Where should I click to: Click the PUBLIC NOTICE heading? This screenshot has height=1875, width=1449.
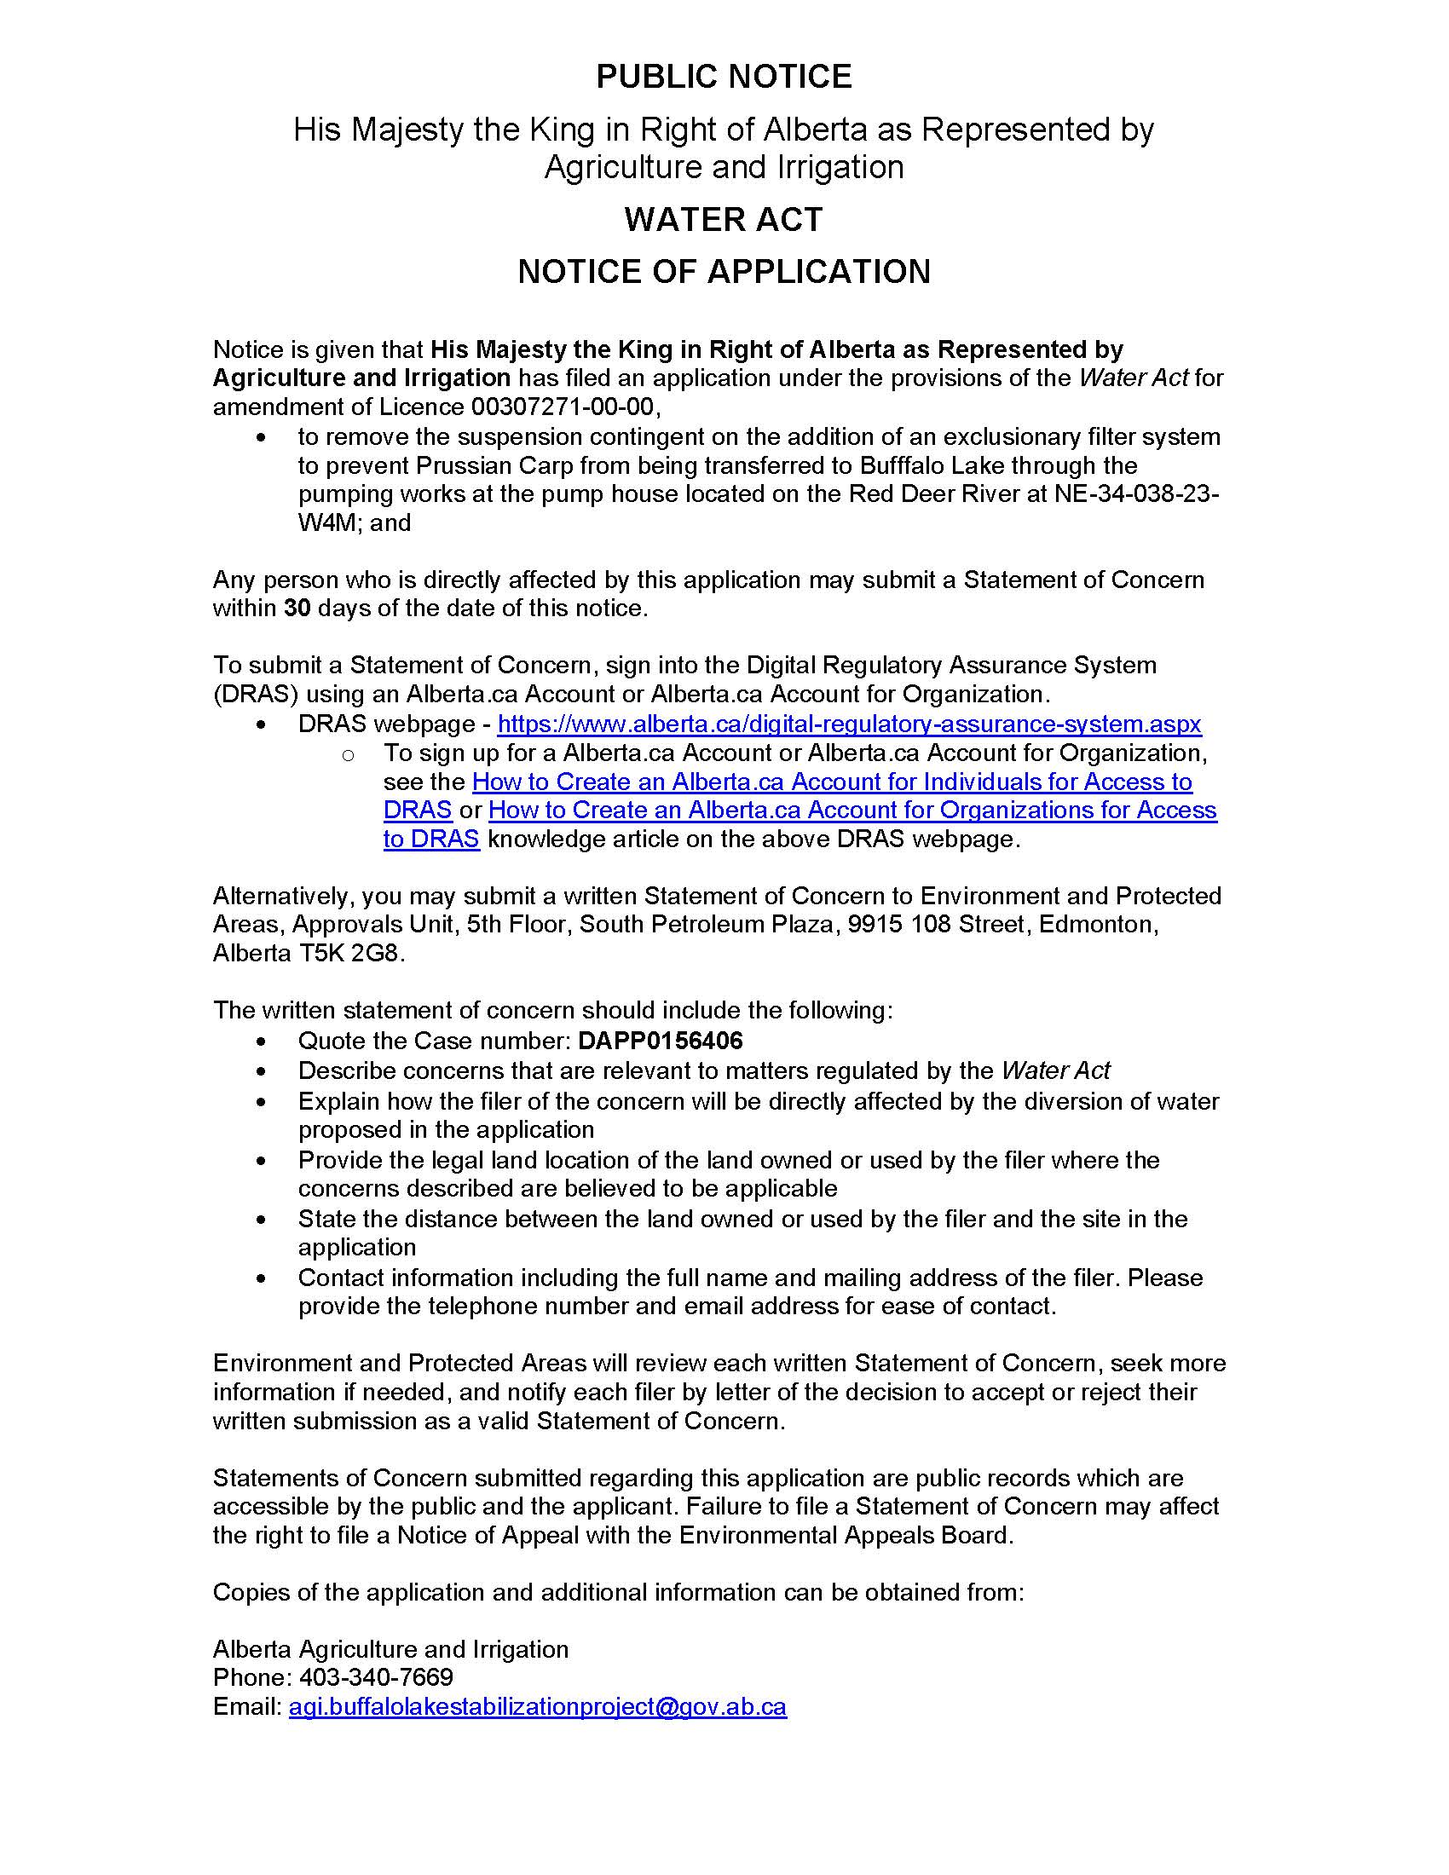point(724,78)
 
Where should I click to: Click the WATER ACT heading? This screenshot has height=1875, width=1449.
point(724,220)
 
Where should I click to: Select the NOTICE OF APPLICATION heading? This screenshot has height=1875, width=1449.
point(724,272)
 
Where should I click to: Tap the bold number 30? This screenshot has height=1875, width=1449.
point(297,609)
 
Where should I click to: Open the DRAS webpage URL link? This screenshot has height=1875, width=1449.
point(849,724)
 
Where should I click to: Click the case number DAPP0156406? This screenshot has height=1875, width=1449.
point(660,1041)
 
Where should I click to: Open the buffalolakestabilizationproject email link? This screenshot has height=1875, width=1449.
point(537,1706)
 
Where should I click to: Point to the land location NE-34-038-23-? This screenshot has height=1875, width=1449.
point(1135,494)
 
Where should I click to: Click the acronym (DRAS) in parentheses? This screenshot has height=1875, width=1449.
point(255,694)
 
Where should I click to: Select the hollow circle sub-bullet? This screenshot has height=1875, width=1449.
point(348,755)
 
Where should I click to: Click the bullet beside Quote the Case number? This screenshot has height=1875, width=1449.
point(261,1042)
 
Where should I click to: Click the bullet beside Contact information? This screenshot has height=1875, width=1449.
point(261,1279)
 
